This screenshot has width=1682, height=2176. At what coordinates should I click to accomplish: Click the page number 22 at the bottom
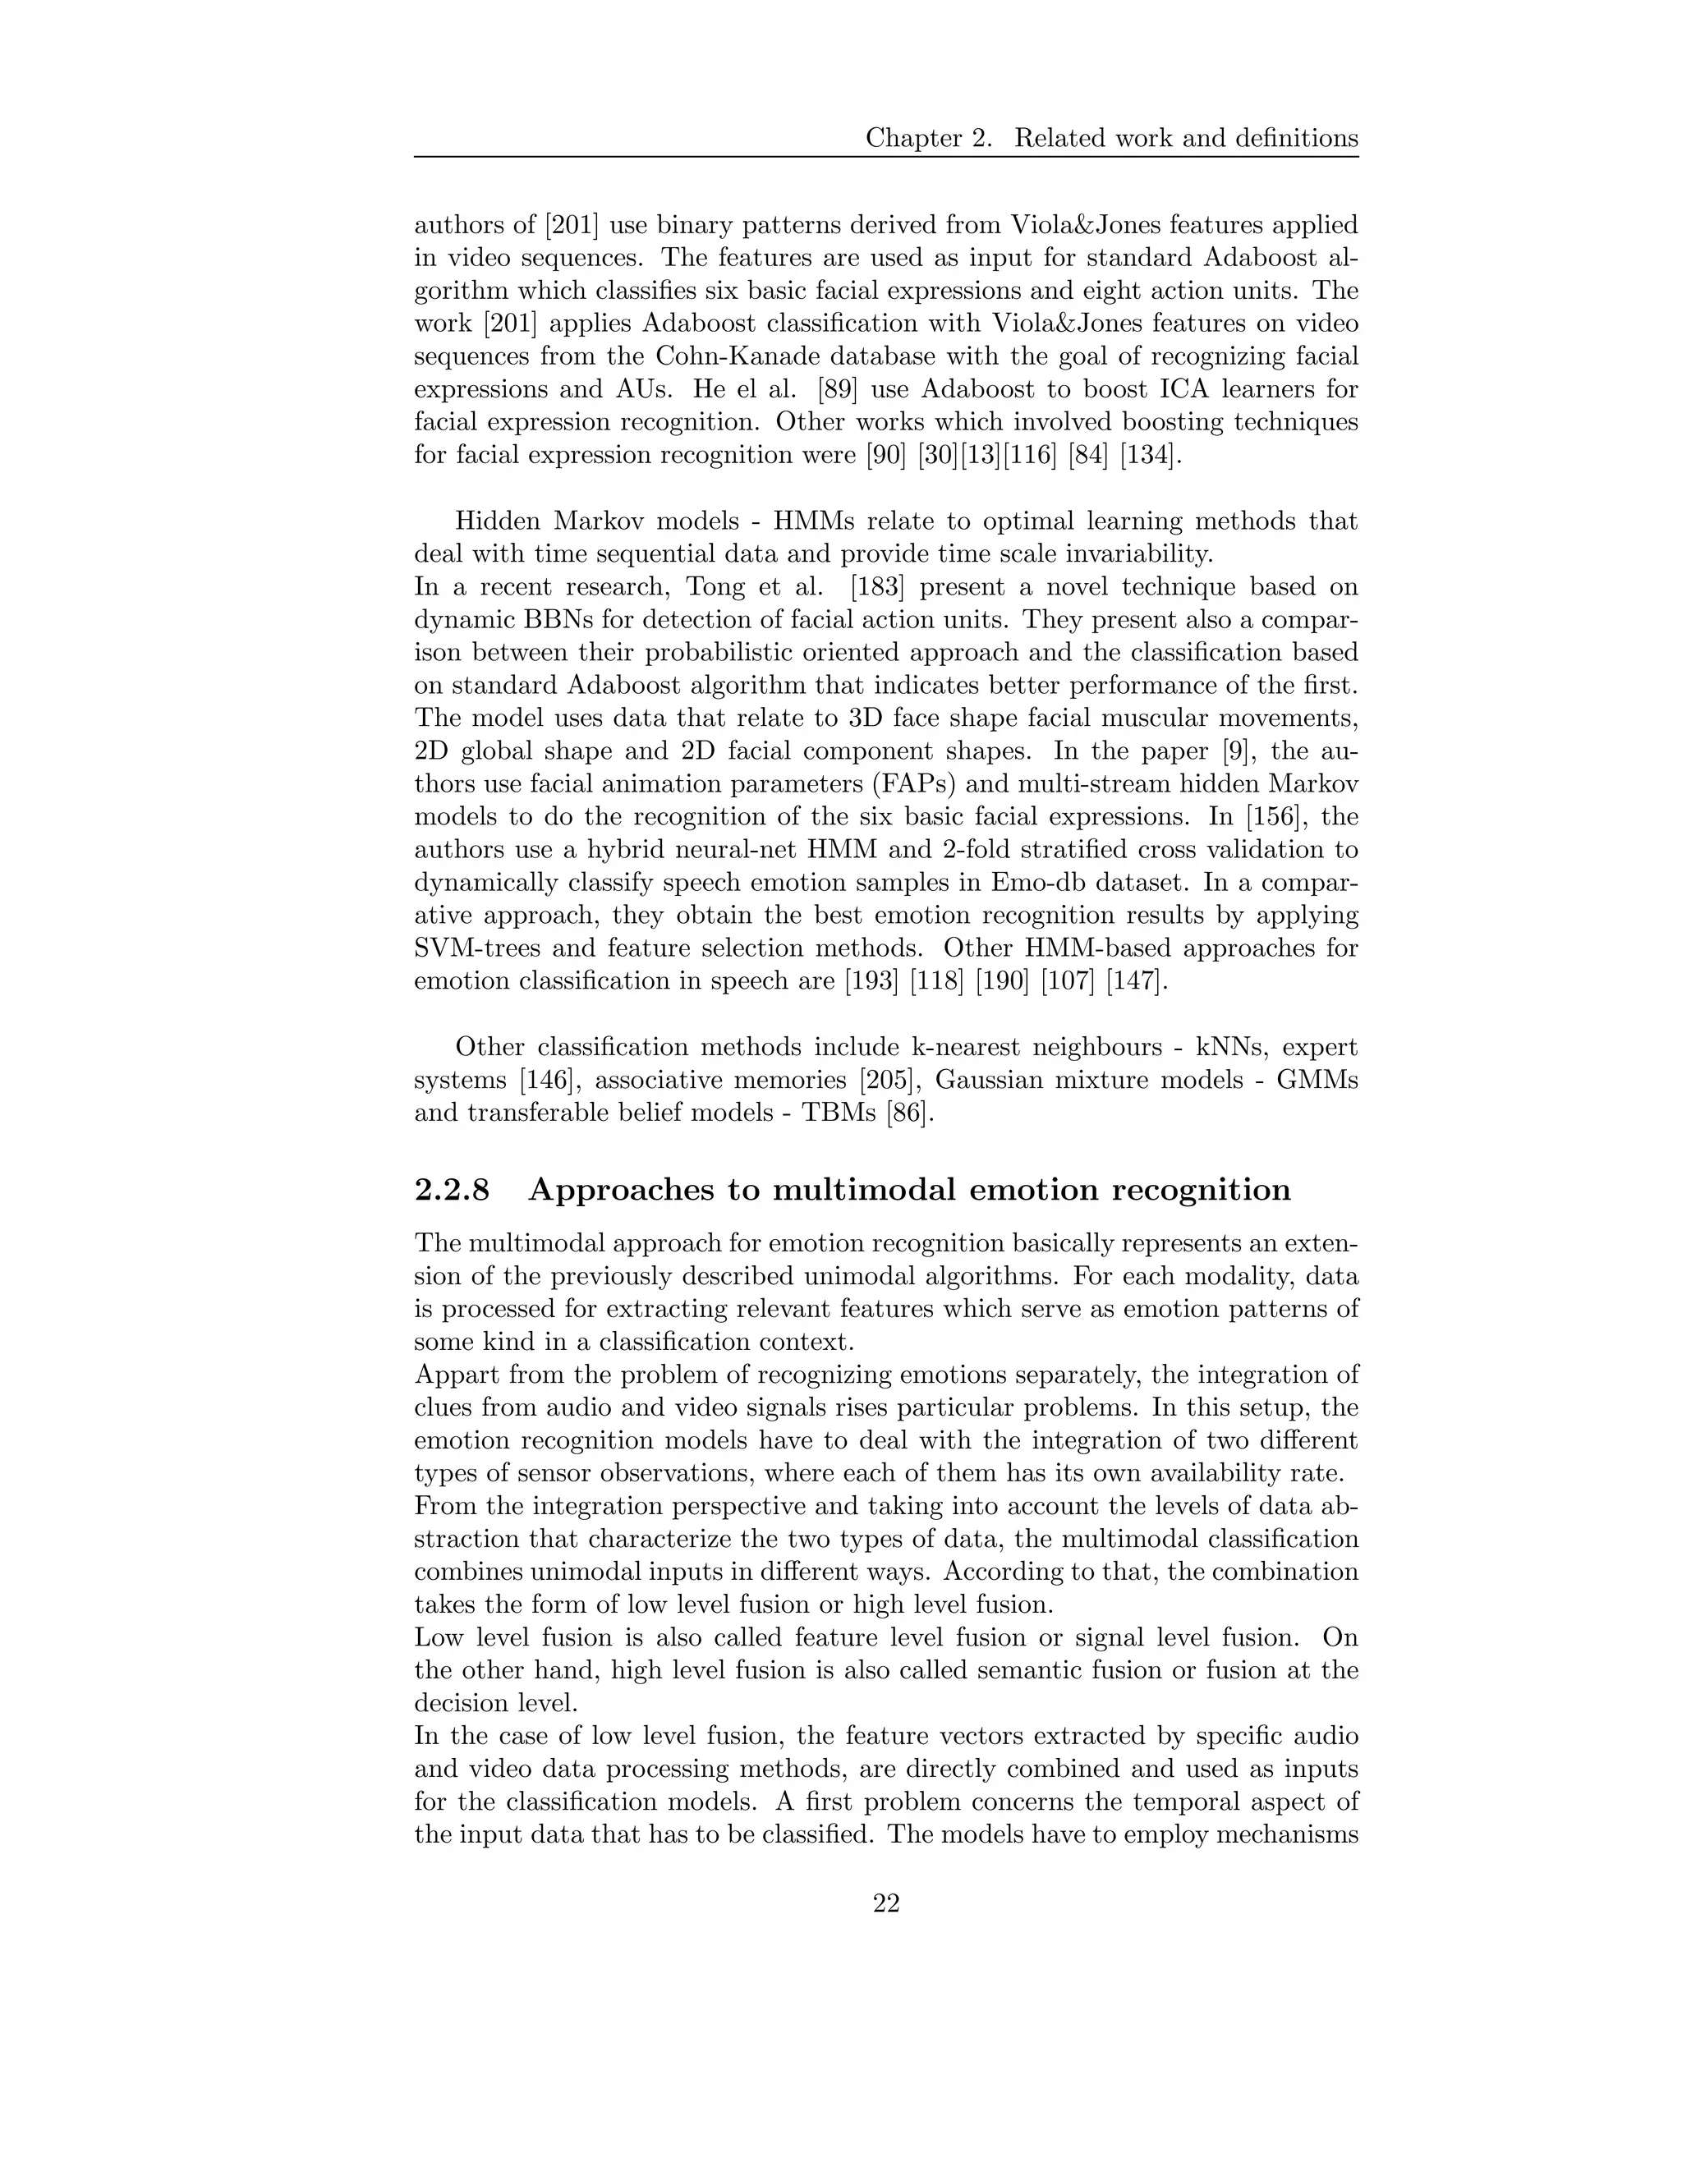tap(886, 1904)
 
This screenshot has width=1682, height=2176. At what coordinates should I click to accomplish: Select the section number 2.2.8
tap(452, 1190)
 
